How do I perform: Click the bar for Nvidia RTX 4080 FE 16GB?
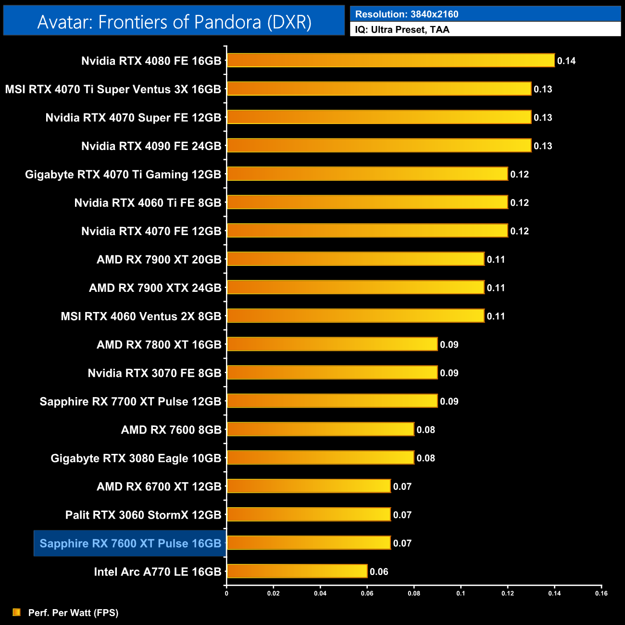tap(390, 61)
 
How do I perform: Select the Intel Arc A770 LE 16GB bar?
tap(297, 571)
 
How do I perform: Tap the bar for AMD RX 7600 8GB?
tap(320, 429)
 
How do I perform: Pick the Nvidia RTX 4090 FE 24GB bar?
tap(379, 146)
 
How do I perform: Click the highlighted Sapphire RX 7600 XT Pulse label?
tap(130, 543)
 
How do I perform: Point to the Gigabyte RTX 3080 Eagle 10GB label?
tap(136, 458)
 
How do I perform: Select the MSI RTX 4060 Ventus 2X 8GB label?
tap(141, 316)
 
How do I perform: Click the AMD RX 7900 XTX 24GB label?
tap(155, 288)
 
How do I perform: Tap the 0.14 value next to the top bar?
tap(566, 61)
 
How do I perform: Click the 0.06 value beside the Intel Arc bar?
tap(379, 572)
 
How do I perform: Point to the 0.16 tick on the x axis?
tap(601, 593)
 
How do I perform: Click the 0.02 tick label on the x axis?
tap(274, 593)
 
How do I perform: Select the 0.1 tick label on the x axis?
tap(461, 593)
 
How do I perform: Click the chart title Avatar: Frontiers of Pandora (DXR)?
tap(174, 22)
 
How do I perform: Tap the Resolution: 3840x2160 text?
tap(407, 14)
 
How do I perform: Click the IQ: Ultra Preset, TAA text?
tap(402, 30)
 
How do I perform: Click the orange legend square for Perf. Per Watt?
tap(17, 612)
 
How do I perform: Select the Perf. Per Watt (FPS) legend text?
tap(73, 612)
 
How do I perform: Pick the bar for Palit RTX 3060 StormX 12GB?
tap(309, 514)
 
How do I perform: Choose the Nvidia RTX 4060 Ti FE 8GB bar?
tap(367, 202)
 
